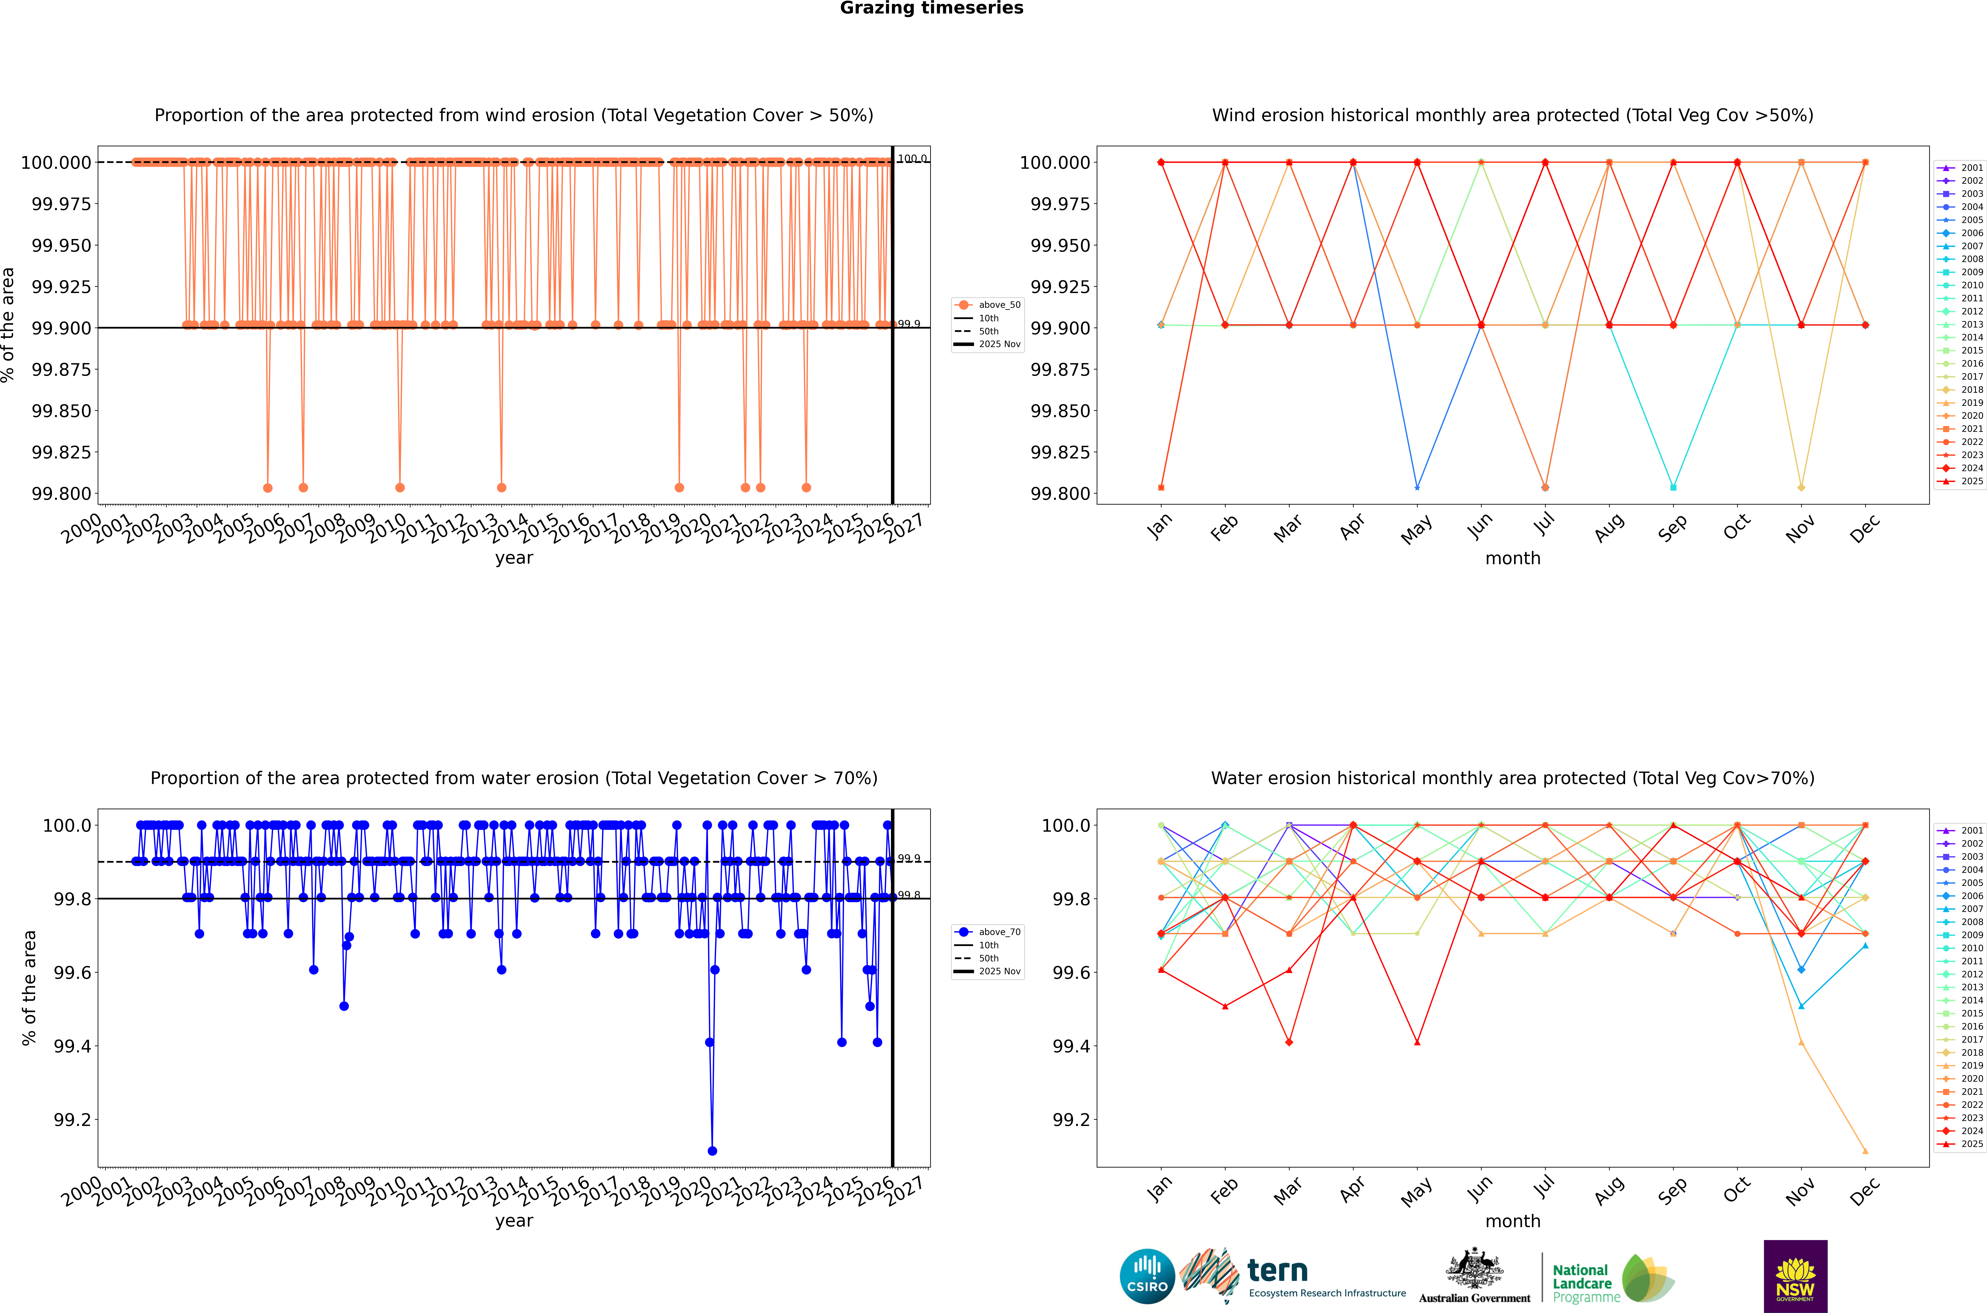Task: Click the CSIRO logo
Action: [x=1147, y=1276]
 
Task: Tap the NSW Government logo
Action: [x=1795, y=1276]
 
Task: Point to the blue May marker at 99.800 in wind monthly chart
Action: [x=1417, y=487]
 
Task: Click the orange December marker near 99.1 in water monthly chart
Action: [x=1865, y=1150]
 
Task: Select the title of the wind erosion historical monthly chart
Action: [x=1512, y=116]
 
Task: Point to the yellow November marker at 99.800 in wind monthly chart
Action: [x=1801, y=487]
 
